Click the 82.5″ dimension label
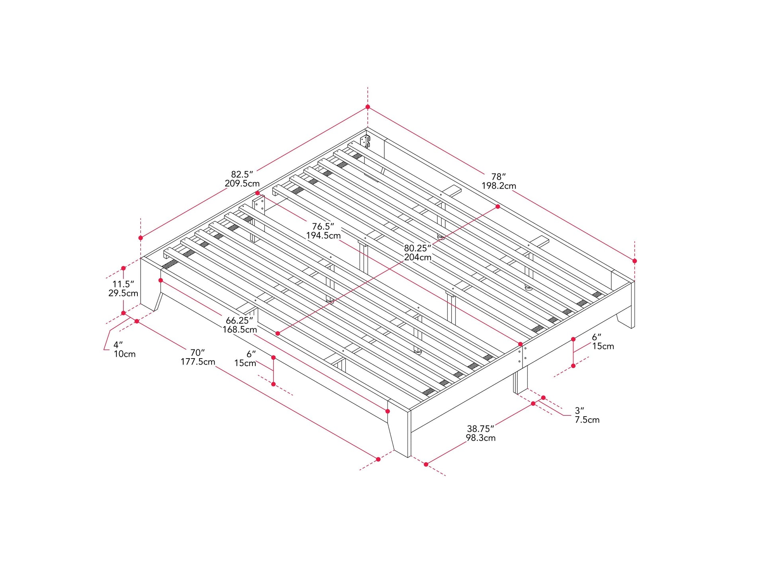click(242, 174)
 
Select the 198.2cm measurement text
click(499, 186)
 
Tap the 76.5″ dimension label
click(323, 226)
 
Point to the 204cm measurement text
click(417, 257)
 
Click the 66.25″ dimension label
click(239, 320)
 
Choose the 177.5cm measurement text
click(198, 362)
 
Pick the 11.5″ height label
click(123, 284)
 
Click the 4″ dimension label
click(118, 345)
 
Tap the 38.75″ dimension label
click(480, 429)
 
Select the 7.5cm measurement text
click(587, 419)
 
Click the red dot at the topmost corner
click(368, 107)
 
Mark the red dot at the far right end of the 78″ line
click(634, 261)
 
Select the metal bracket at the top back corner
click(365, 141)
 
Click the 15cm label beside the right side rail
click(603, 346)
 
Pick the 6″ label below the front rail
click(251, 354)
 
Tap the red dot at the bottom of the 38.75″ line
click(426, 464)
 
